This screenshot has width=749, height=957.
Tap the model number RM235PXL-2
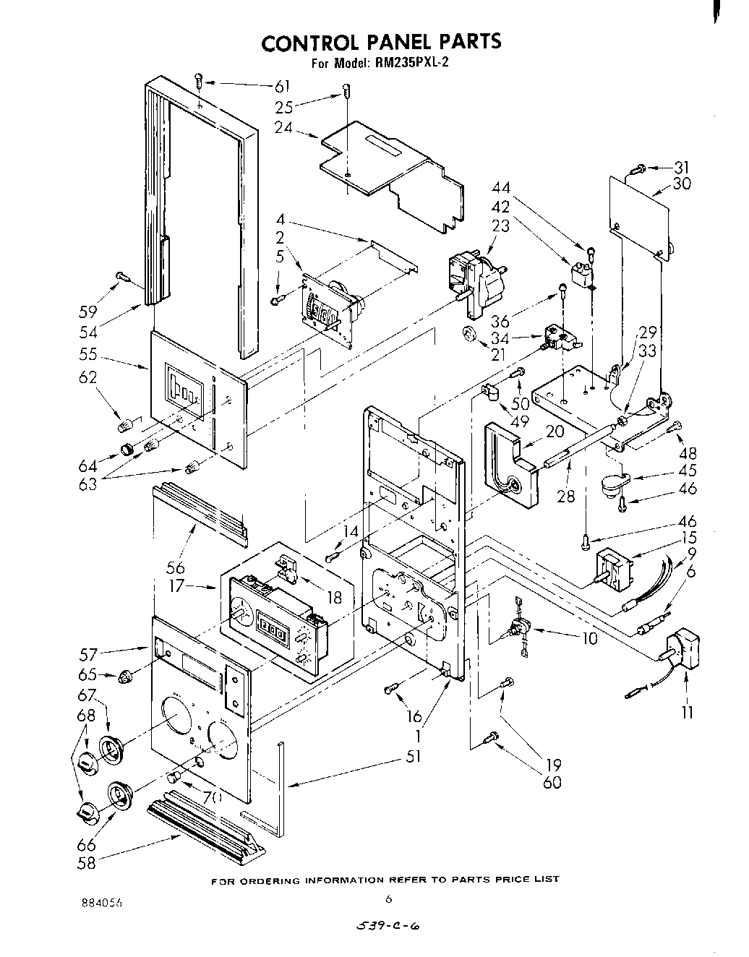click(x=411, y=63)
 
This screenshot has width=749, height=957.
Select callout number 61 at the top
click(x=282, y=87)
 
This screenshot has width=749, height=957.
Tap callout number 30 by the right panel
click(x=681, y=184)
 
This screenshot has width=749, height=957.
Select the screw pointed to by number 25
click(x=347, y=92)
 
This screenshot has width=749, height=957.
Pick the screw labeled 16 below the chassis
click(x=392, y=690)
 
